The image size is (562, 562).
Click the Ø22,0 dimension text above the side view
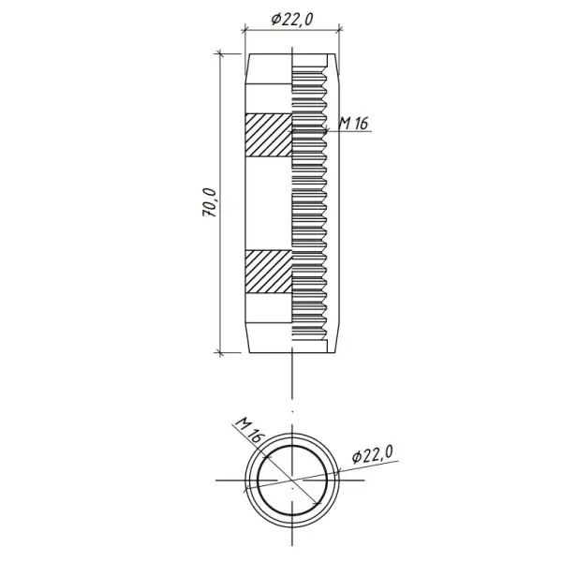(292, 20)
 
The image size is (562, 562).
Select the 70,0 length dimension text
(210, 202)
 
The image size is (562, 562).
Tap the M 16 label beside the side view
(353, 124)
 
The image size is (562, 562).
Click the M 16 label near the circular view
(249, 430)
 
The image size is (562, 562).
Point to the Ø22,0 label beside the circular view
(373, 454)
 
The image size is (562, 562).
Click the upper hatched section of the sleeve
(268, 135)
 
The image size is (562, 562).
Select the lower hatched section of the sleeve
(268, 272)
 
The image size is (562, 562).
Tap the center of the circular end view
(292, 480)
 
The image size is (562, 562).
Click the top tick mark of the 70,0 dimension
(220, 54)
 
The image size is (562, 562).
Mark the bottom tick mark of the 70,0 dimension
(220, 353)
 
